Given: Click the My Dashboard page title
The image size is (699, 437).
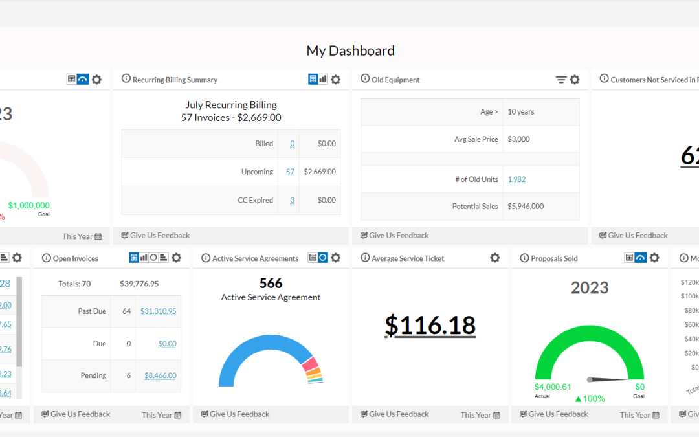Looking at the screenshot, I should [350, 50].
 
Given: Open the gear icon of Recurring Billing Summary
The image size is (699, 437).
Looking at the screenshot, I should [335, 80].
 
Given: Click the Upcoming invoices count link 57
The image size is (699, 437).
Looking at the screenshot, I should [290, 172].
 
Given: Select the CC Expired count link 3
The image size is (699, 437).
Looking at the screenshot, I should [292, 200].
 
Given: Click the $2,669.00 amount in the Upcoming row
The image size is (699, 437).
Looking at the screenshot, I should [319, 172].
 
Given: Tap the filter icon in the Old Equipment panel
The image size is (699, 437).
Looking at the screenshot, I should [561, 80].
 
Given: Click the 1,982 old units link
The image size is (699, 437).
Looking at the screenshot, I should [516, 179].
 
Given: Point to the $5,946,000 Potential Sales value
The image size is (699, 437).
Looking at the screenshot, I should [526, 206].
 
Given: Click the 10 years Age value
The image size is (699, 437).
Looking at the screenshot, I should [521, 112].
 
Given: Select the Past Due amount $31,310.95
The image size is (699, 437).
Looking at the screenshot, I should [158, 311].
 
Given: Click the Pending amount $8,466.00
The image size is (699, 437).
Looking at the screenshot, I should [160, 375].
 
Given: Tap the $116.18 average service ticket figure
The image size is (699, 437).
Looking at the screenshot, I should [430, 326].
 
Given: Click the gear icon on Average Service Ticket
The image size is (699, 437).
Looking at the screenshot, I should [494, 258].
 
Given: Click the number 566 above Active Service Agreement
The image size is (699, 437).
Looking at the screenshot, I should [271, 284].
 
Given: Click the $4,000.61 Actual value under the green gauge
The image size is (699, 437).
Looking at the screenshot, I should [553, 387].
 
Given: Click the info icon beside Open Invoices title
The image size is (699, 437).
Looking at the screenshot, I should [46, 258].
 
